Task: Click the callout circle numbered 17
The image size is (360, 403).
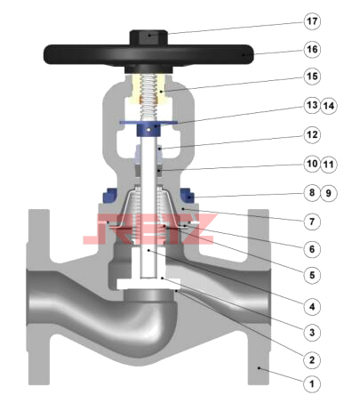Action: (312, 21)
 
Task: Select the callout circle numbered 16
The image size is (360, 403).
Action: (312, 49)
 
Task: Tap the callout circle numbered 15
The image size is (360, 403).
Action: (312, 77)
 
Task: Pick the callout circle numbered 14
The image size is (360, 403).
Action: (329, 106)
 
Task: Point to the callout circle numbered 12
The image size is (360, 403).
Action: (312, 135)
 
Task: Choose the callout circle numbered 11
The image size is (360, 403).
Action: (329, 164)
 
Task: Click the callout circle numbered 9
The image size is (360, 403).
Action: (329, 193)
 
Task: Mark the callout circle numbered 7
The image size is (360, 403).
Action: (312, 222)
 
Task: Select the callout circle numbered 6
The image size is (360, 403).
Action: (312, 249)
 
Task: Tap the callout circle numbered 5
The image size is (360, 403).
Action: (312, 275)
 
